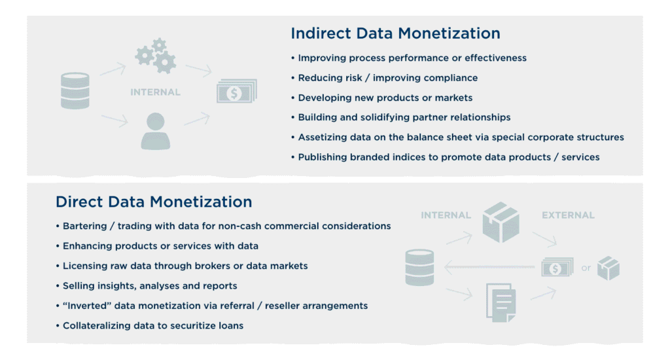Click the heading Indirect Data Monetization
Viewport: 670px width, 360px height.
pyautogui.click(x=395, y=33)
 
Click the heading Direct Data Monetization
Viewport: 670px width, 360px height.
pyautogui.click(x=154, y=202)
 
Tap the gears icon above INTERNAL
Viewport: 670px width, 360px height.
pyautogui.click(x=156, y=56)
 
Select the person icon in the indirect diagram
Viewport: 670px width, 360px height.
pyautogui.click(x=156, y=132)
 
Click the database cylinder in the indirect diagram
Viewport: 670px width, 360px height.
pyautogui.click(x=75, y=90)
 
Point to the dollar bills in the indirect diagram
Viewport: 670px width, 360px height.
pyautogui.click(x=237, y=90)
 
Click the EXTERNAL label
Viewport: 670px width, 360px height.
pyautogui.click(x=568, y=215)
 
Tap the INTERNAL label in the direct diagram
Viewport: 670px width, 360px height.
pyautogui.click(x=446, y=215)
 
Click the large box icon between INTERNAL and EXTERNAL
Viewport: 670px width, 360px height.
pyautogui.click(x=501, y=223)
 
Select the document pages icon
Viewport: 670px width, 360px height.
pyautogui.click(x=501, y=302)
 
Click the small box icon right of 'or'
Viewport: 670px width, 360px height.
pyautogui.click(x=608, y=268)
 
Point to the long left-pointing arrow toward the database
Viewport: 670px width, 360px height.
pyautogui.click(x=489, y=267)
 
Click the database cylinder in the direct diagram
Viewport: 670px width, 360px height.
pyautogui.click(x=419, y=268)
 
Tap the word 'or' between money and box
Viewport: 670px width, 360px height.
pyautogui.click(x=586, y=268)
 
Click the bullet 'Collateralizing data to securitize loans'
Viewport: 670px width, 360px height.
pyautogui.click(x=150, y=326)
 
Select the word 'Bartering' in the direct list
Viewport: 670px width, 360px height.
pyautogui.click(x=84, y=226)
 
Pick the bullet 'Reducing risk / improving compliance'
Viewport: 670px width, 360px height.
pyautogui.click(x=384, y=78)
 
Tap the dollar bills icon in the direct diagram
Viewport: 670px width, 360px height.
pyautogui.click(x=557, y=268)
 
